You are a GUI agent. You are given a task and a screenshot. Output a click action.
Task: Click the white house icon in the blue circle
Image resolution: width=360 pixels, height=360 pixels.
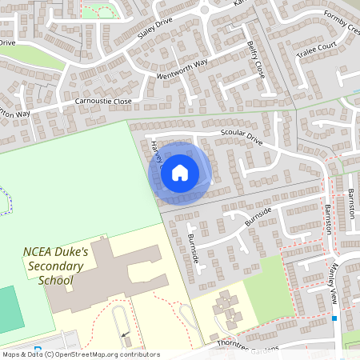pyautogui.click(x=180, y=172)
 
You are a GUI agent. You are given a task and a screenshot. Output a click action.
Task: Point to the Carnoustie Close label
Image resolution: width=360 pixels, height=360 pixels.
pyautogui.click(x=103, y=102)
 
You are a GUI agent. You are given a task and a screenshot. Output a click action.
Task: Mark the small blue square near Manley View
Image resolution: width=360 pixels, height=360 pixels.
pyautogui.click(x=334, y=318)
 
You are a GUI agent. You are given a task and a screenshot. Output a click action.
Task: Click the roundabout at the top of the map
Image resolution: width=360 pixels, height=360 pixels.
pyautogui.click(x=206, y=10)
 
